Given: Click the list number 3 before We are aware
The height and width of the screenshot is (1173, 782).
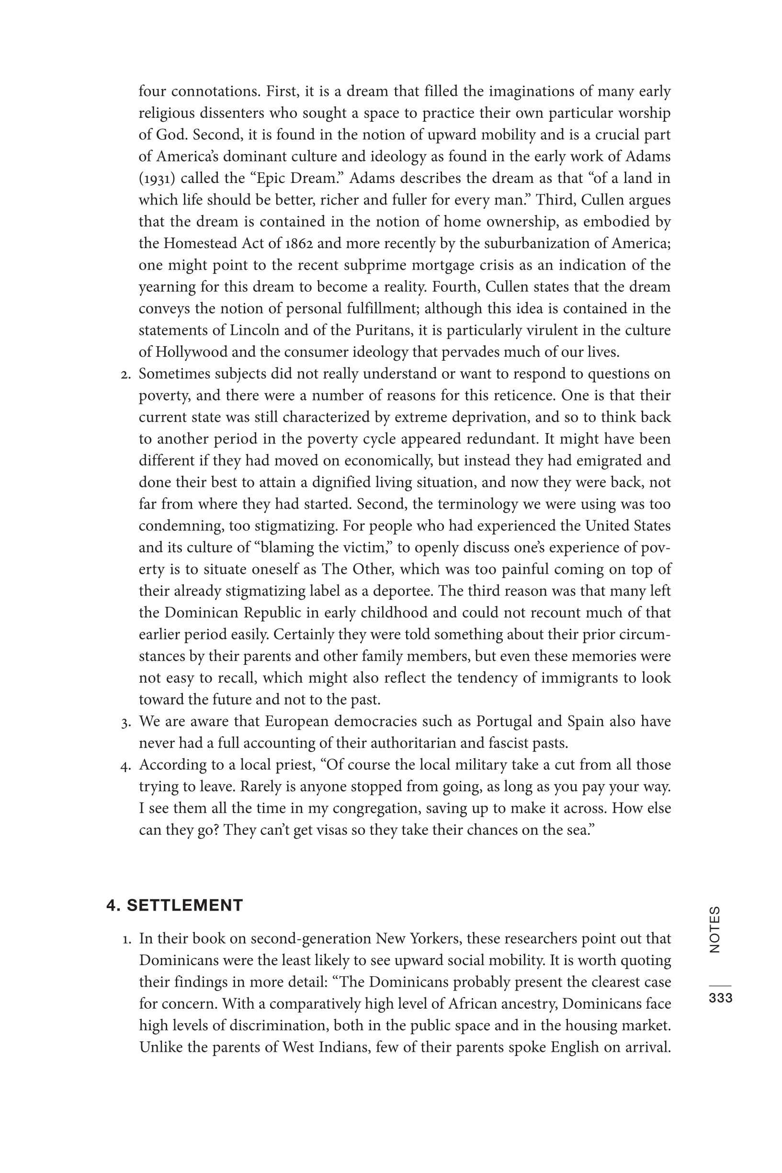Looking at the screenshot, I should pyautogui.click(x=125, y=722).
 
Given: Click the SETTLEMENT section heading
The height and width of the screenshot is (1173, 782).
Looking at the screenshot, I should pyautogui.click(x=175, y=905).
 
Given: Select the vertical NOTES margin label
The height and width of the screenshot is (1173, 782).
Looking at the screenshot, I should pyautogui.click(x=714, y=930).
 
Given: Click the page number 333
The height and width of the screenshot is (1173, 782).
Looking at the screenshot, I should pyautogui.click(x=720, y=997).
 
